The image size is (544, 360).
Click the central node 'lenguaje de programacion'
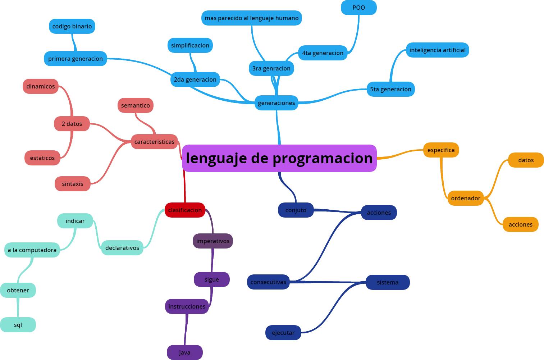[279, 158]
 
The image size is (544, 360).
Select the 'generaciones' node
[276, 103]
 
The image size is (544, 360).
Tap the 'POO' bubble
[358, 8]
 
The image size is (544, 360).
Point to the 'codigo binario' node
[72, 26]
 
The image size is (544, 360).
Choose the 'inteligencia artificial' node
[437, 50]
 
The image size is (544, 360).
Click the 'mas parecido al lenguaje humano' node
[251, 18]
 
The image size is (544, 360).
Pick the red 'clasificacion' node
[185, 210]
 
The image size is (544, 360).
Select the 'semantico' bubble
[136, 105]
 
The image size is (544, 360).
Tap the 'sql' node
[18, 325]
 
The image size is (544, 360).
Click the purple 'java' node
[185, 352]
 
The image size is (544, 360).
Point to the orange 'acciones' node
[520, 224]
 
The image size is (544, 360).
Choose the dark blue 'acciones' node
[379, 213]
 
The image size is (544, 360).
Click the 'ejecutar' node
[283, 333]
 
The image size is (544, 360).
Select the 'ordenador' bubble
[466, 198]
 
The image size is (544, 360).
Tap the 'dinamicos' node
[41, 86]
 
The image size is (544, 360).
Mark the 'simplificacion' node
[190, 45]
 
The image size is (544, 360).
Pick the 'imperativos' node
[212, 241]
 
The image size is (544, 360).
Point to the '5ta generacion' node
[390, 89]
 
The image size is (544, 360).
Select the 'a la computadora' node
[32, 250]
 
